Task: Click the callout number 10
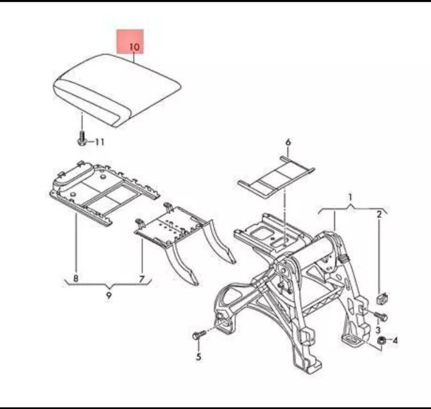[x=134, y=47]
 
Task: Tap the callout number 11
[x=100, y=142]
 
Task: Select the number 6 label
[x=288, y=142]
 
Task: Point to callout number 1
[x=350, y=197]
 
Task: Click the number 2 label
[x=379, y=214]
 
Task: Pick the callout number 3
[x=378, y=330]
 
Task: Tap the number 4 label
[x=395, y=341]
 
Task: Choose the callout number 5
[x=199, y=357]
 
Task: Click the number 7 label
[x=141, y=279]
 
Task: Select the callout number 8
[x=76, y=278]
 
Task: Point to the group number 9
[x=109, y=296]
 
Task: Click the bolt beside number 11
[x=82, y=139]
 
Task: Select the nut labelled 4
[x=381, y=340]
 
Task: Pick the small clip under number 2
[x=381, y=299]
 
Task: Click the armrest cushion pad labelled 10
[x=117, y=89]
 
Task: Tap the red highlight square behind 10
[x=130, y=41]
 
